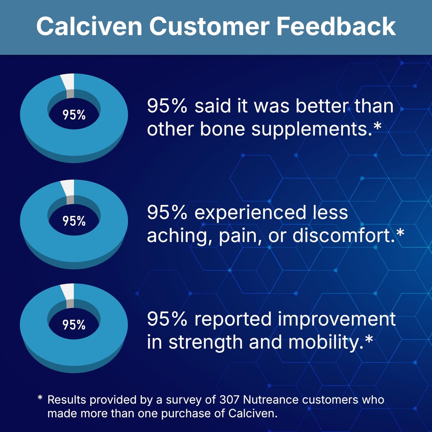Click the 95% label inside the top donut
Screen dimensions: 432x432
click(74, 115)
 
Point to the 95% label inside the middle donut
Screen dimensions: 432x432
click(74, 221)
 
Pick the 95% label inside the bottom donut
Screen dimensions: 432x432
click(74, 325)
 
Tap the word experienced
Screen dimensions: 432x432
click(251, 213)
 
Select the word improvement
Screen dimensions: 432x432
click(337, 320)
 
